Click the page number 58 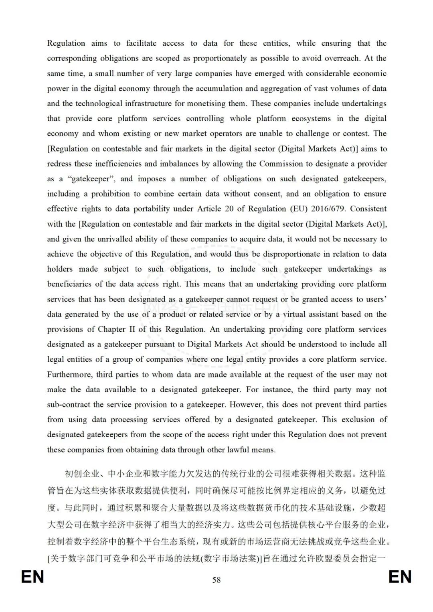click(x=216, y=580)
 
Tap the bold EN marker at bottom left click(x=32, y=577)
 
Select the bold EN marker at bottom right click(x=400, y=577)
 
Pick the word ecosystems click(x=311, y=118)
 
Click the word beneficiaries click(x=69, y=284)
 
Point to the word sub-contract click(x=68, y=405)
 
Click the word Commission click(x=281, y=164)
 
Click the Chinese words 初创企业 click(x=82, y=474)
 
